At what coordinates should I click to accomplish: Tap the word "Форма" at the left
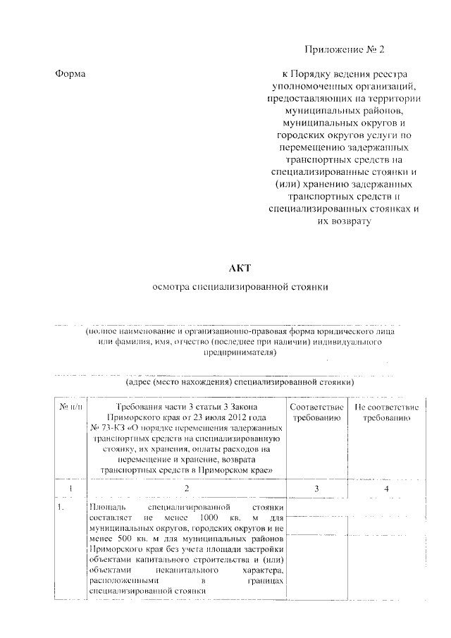(69, 73)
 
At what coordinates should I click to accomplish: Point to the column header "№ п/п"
(70, 407)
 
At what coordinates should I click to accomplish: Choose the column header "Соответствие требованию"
(316, 413)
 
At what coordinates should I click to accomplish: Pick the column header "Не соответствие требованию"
(387, 413)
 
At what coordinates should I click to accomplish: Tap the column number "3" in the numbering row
(316, 489)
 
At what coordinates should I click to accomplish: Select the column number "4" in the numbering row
(387, 489)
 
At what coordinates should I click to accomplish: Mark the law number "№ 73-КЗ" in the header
(107, 428)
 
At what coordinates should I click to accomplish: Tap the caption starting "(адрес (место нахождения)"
(239, 382)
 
